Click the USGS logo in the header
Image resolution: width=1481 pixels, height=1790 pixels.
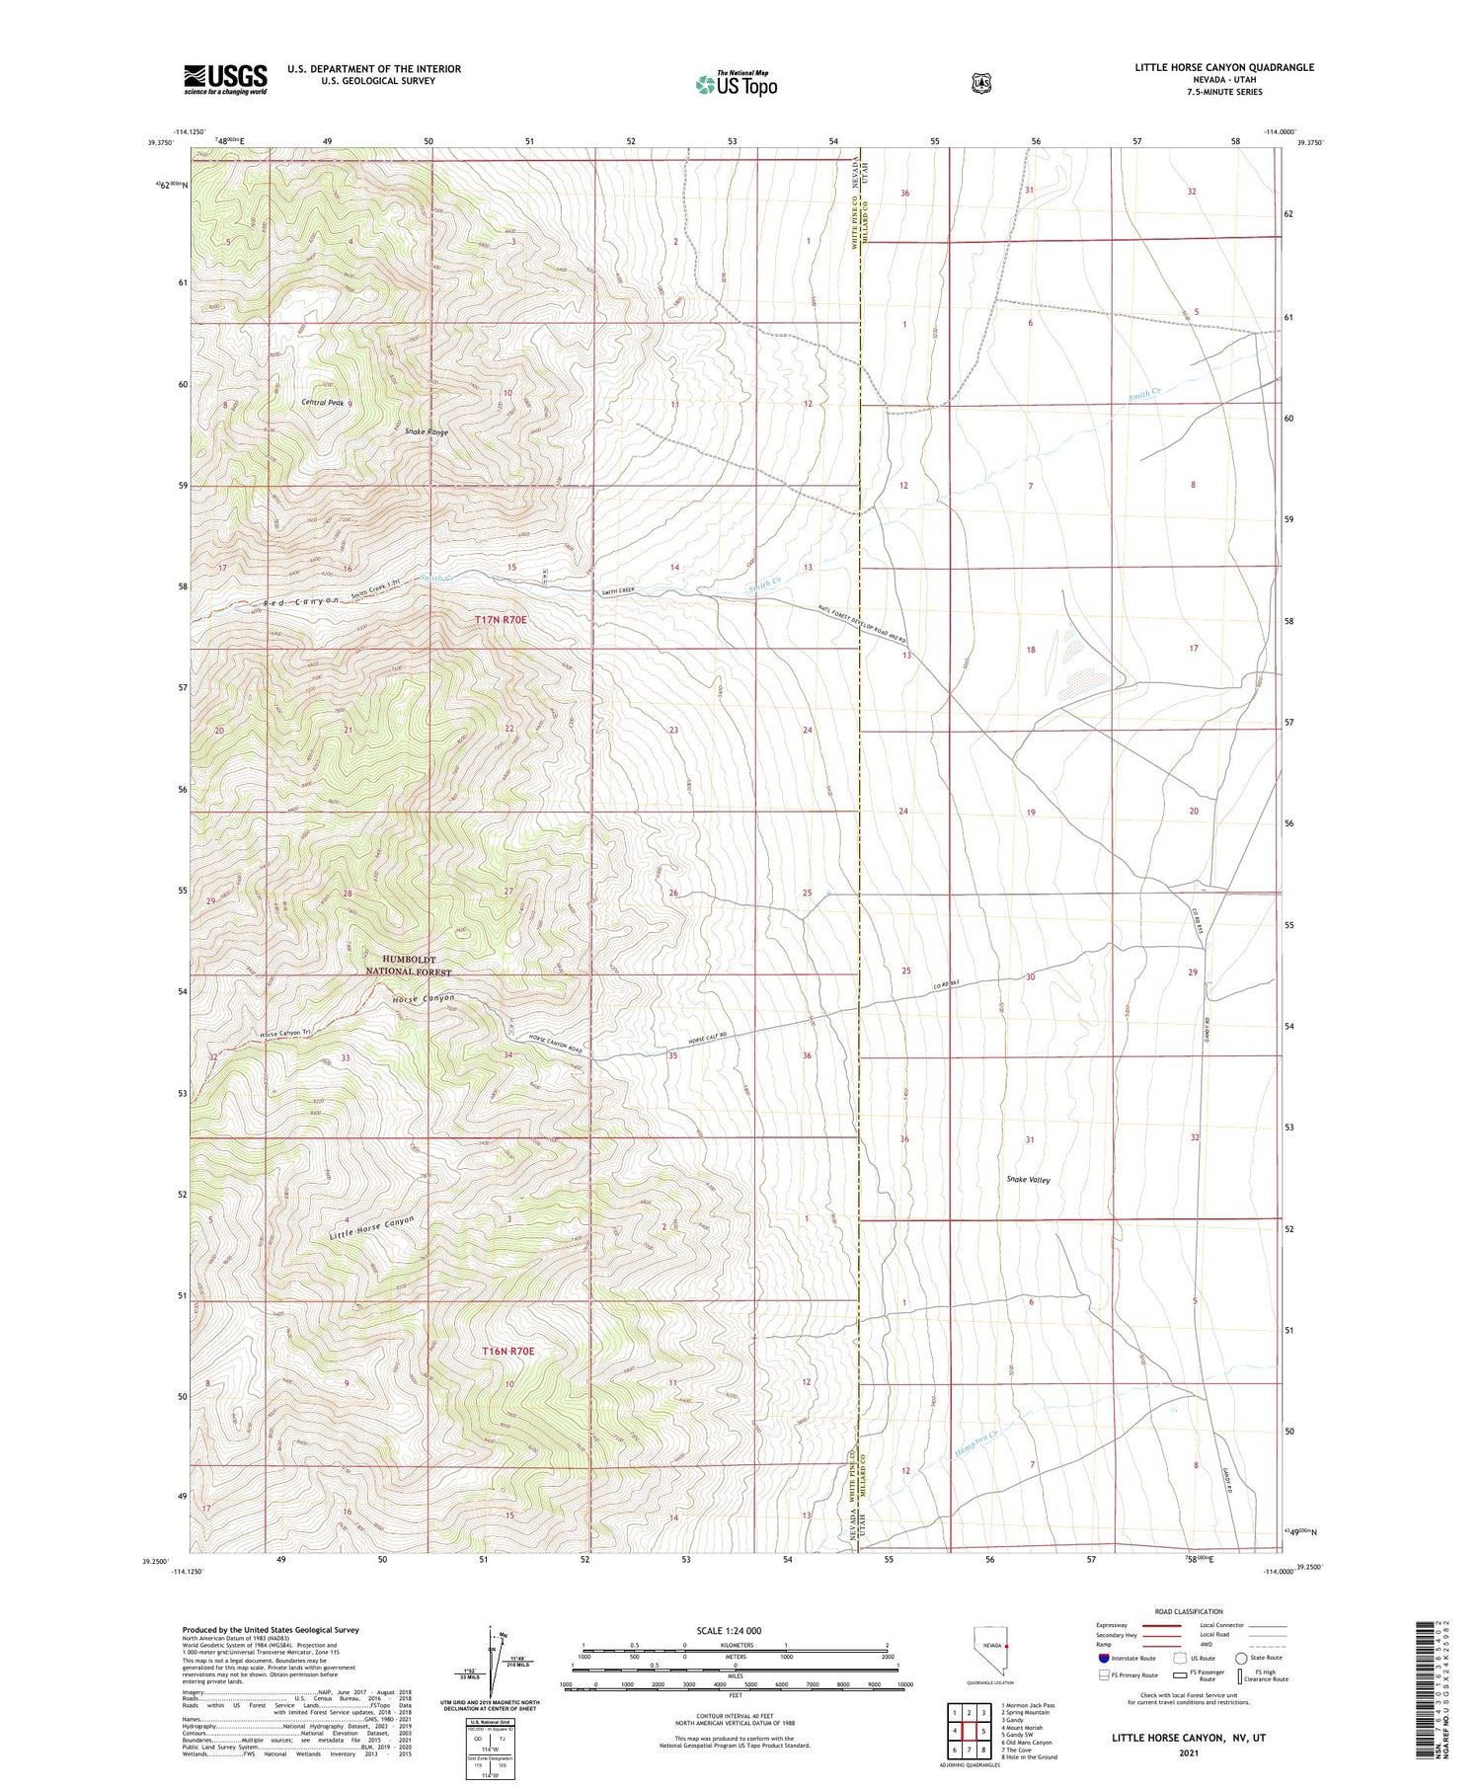[225, 79]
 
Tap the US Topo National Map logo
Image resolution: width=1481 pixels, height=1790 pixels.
[736, 84]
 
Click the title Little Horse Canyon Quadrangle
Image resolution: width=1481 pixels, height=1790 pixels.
[1223, 67]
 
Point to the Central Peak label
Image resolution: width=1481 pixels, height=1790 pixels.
[323, 403]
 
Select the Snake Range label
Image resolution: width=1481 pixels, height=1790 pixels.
[426, 432]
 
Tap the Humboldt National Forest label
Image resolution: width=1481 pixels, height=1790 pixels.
[409, 965]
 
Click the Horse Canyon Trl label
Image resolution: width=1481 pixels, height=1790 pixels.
[285, 1034]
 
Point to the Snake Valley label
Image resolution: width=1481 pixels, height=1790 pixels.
[1028, 1180]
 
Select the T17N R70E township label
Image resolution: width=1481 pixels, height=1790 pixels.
[501, 620]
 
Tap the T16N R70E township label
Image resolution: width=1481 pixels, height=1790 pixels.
[507, 1351]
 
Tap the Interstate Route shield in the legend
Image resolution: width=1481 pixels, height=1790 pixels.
[1104, 1658]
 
